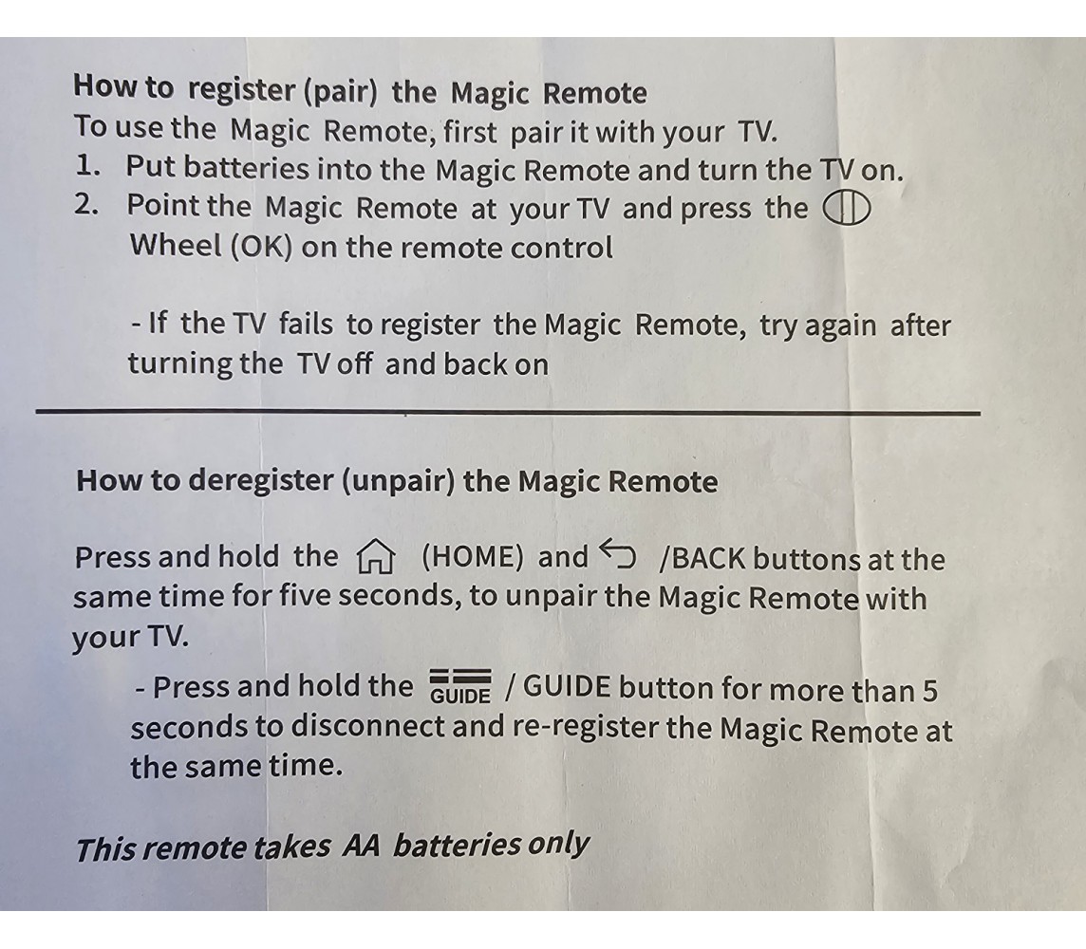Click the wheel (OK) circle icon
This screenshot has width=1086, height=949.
click(x=846, y=209)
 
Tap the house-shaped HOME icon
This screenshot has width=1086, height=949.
click(x=375, y=557)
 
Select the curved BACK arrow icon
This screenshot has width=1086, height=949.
click(x=617, y=553)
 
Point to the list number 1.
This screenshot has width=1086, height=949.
click(x=87, y=167)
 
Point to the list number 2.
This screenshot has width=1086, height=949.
click(x=86, y=205)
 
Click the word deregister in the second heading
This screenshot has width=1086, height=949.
click(x=260, y=479)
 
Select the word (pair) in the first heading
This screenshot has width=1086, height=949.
click(x=341, y=91)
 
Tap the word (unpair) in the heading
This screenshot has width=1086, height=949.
click(x=399, y=481)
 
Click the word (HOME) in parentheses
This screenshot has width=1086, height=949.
click(x=473, y=557)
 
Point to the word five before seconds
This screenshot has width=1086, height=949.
click(x=305, y=595)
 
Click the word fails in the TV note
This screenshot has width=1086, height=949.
click(x=306, y=324)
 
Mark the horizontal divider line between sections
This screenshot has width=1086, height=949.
click(x=508, y=413)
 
